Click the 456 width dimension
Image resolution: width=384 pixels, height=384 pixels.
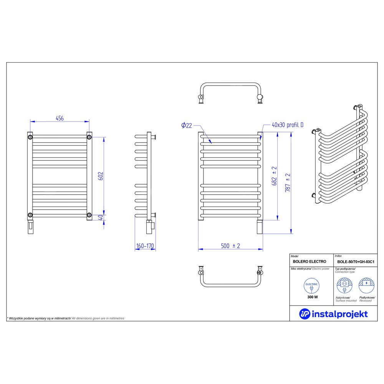click(60, 118)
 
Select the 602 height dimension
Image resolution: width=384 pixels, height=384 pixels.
click(101, 176)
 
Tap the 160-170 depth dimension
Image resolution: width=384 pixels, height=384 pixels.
click(145, 246)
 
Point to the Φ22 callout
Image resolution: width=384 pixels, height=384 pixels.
click(187, 126)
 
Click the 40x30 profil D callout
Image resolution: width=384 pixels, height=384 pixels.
click(288, 125)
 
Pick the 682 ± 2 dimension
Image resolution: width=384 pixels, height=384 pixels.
click(274, 176)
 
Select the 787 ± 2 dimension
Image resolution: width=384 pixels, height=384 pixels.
click(288, 183)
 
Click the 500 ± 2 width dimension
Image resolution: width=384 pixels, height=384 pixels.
click(230, 246)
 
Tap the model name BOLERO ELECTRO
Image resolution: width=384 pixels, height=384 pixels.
click(310, 262)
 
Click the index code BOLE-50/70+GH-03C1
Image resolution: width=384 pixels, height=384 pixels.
click(356, 262)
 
